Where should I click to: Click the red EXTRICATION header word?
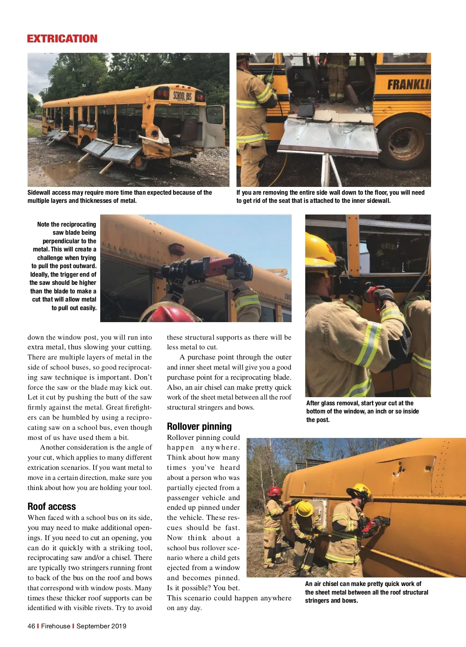[x=62, y=39]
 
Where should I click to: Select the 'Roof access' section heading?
[x=52, y=506]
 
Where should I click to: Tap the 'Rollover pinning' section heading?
[x=199, y=426]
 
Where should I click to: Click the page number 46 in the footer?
[x=31, y=626]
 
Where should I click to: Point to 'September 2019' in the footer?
[x=101, y=626]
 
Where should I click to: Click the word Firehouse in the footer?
[x=56, y=626]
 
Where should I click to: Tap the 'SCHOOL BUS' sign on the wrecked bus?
[x=182, y=96]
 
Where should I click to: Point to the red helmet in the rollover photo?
[x=275, y=491]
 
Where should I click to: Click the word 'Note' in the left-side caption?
[x=43, y=224]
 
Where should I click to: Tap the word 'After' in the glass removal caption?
[x=313, y=403]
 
